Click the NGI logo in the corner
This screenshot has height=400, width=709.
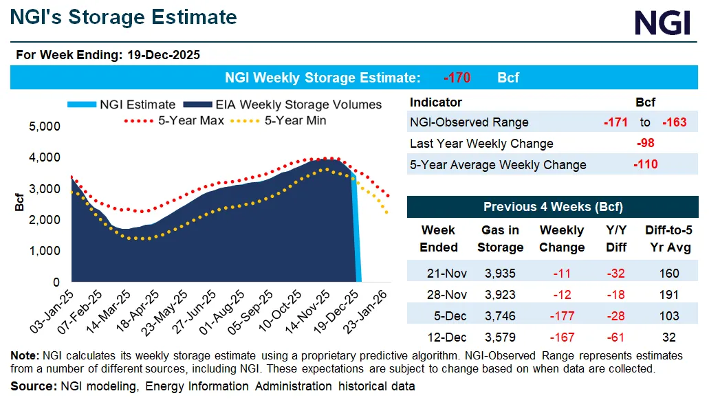coord(662,23)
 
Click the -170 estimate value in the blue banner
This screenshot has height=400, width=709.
coord(457,78)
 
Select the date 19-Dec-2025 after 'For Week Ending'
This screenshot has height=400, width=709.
coord(164,55)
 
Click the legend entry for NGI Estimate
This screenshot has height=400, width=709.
coord(121,104)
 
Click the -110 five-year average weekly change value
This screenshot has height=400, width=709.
coord(645,164)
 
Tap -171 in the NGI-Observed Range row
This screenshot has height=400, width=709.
coord(615,122)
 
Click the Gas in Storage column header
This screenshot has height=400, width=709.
coord(501,238)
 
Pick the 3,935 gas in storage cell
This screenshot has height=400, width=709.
coord(501,274)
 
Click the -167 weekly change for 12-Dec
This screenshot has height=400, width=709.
coord(562,337)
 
